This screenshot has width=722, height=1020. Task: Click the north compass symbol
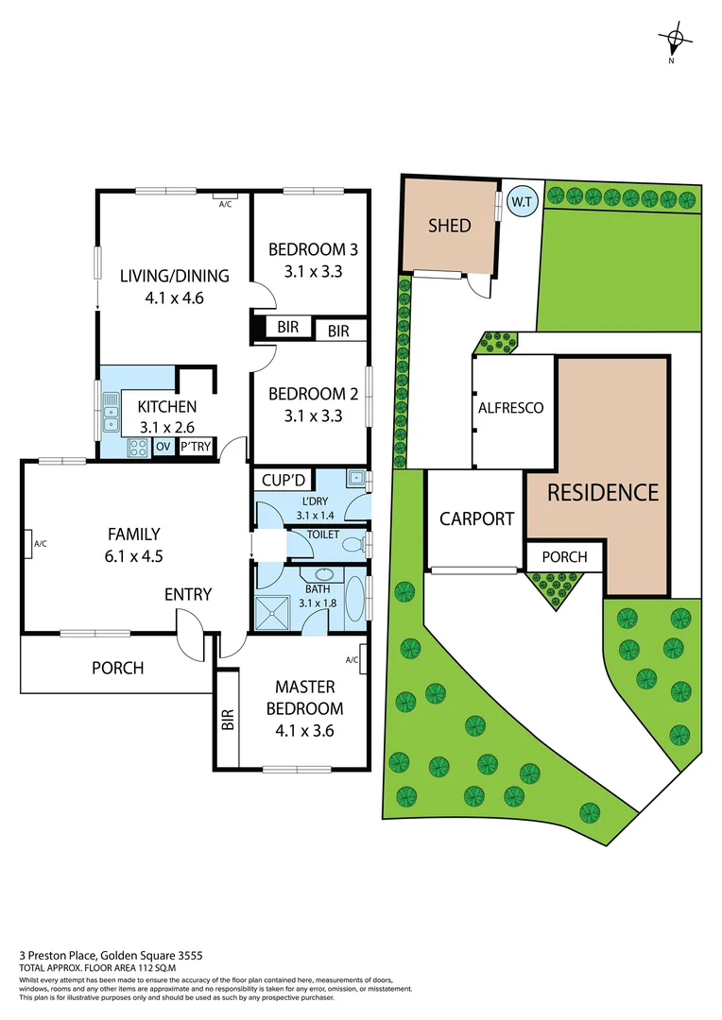click(x=675, y=40)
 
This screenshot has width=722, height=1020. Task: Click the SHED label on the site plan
click(x=449, y=226)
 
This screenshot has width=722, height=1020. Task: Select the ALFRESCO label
click(x=511, y=408)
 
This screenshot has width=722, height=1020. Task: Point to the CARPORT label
click(x=476, y=518)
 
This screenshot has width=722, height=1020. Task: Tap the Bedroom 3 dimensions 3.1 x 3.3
click(x=312, y=271)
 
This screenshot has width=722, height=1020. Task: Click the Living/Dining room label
click(x=174, y=276)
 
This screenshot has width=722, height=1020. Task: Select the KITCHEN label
click(x=167, y=406)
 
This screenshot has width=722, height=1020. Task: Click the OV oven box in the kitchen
click(x=163, y=448)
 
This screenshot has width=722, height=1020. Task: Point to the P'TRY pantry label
click(x=196, y=448)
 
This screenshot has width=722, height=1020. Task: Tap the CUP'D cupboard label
click(x=282, y=481)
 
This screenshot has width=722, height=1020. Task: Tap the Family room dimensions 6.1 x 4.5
click(x=136, y=556)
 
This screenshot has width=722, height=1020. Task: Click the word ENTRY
click(x=188, y=594)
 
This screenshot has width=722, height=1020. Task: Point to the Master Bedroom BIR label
click(x=228, y=722)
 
